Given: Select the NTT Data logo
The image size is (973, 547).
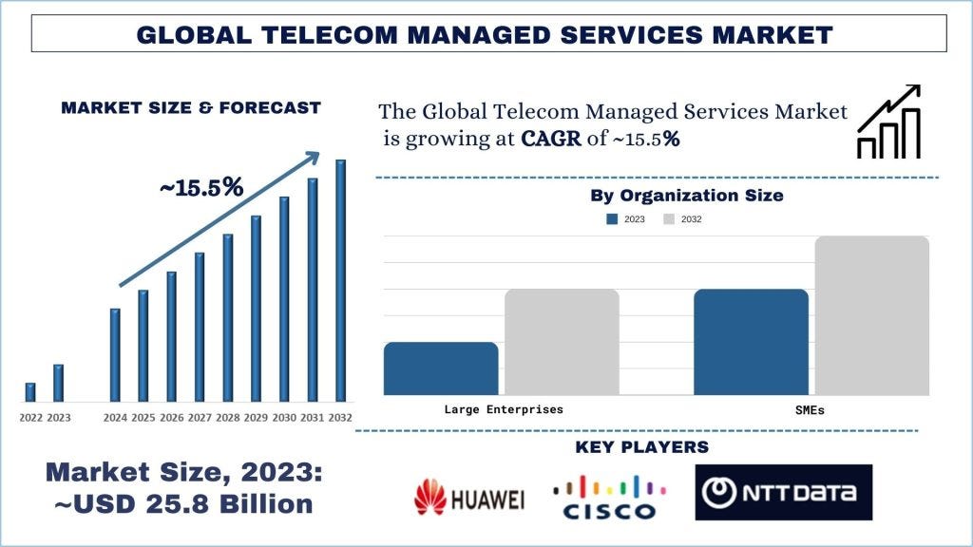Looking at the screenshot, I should (x=783, y=493).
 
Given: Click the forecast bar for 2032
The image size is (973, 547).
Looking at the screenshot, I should (x=340, y=280).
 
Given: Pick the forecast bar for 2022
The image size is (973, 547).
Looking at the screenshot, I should (x=30, y=392).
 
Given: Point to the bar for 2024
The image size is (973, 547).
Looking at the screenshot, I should (x=115, y=354).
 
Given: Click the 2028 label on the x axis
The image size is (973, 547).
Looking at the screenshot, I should (x=228, y=418).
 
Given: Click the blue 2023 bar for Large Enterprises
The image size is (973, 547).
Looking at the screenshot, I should (x=441, y=368).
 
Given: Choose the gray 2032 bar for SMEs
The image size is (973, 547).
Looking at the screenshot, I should (x=871, y=315).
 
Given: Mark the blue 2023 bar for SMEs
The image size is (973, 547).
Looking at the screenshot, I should (x=751, y=342).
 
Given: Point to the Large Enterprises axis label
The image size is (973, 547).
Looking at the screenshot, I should (x=504, y=410).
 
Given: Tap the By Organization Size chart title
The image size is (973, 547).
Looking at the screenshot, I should (x=686, y=196).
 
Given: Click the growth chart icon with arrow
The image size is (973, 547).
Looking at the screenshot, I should (x=888, y=123).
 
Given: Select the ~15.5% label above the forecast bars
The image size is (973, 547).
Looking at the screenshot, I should (x=201, y=188).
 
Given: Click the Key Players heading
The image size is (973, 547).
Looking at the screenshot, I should (x=641, y=446).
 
